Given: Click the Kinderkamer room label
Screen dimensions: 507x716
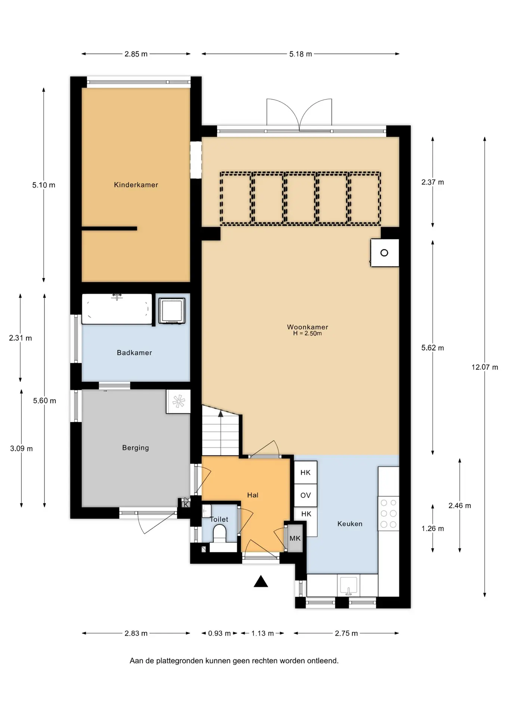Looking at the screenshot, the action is [136, 185].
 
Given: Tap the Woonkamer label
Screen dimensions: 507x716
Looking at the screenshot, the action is [308, 327].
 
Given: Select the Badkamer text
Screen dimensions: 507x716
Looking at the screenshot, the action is [134, 352].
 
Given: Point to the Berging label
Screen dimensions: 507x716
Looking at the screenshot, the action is [136, 447].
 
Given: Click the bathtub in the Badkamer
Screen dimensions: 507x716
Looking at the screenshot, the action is [117, 309].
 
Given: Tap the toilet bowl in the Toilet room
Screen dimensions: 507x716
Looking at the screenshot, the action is [220, 533].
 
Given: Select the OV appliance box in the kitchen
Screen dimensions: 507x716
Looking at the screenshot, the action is [306, 495].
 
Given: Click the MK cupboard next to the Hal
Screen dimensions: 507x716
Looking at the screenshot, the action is [295, 538].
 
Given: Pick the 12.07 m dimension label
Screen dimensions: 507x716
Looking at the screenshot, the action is [485, 367].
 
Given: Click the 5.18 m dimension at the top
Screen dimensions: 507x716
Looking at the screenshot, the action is [301, 54].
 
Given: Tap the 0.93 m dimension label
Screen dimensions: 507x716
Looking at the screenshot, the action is [220, 633].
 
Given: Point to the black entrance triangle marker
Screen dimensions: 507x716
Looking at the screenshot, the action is [261, 581].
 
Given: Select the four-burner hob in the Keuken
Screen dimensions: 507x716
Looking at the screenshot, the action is [389, 514].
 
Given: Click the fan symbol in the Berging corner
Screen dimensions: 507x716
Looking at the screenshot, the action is [178, 401].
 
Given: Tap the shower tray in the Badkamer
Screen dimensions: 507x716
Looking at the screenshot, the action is [172, 311].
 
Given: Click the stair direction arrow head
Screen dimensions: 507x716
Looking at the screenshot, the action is [221, 414].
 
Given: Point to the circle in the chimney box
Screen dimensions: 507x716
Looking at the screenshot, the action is [384, 253].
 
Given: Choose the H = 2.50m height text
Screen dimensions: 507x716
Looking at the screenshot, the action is [307, 333].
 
